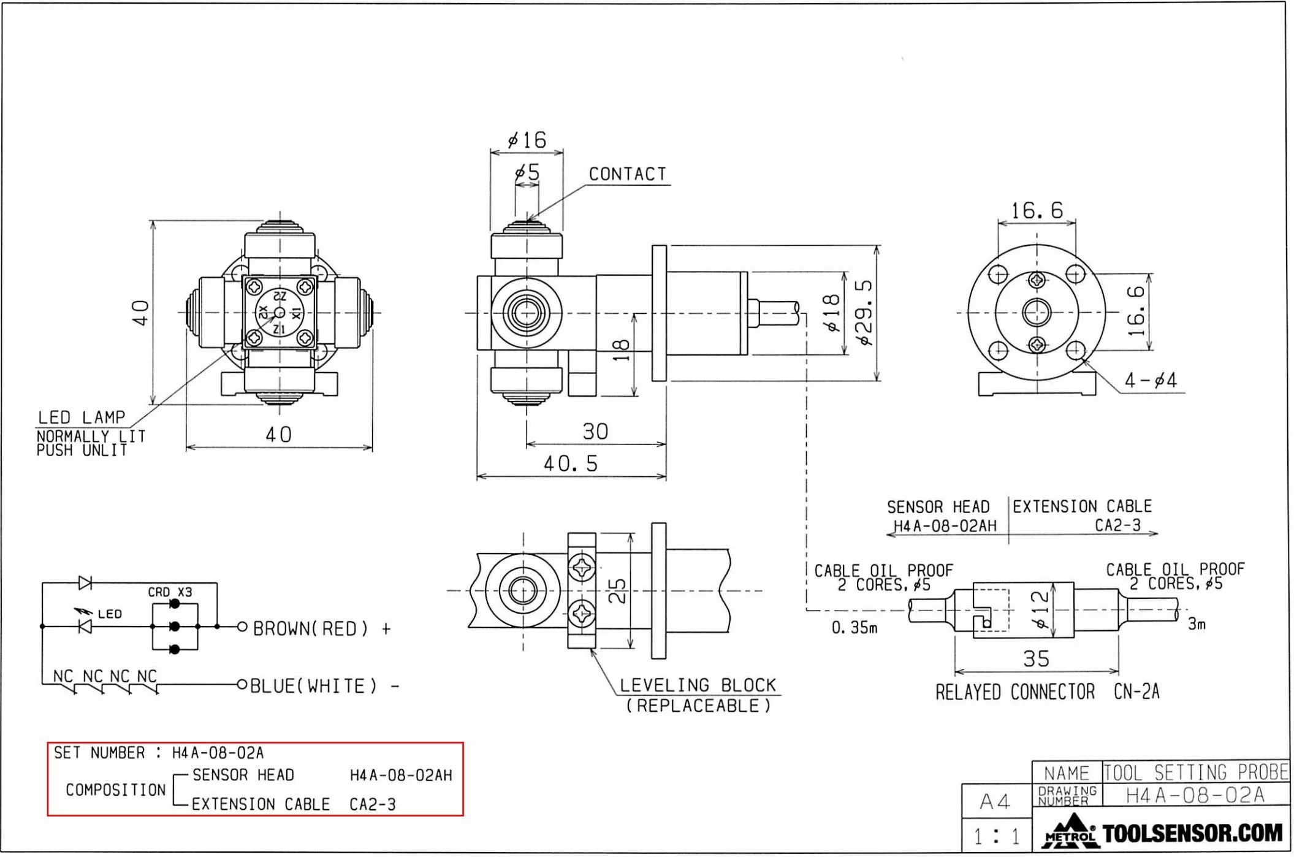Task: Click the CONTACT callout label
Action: pos(627,174)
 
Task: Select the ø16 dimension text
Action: pos(527,140)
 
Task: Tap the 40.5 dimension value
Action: pos(571,463)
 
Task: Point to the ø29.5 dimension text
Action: pos(864,313)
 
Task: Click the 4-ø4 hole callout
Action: pos(1150,381)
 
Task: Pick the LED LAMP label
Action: pos(82,417)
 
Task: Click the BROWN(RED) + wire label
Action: pos(321,628)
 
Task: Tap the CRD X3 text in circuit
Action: pos(170,592)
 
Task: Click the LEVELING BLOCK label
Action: pos(698,685)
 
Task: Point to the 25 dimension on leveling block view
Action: pos(617,591)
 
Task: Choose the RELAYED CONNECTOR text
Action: pos(1014,692)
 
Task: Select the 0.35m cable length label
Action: pos(854,628)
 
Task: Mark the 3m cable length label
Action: pos(1197,624)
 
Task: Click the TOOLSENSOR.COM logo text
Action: pos(1192,833)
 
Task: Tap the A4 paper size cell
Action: pos(995,801)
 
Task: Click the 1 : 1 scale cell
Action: pos(996,836)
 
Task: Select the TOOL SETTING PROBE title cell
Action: pos(1195,772)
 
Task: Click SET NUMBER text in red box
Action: pos(99,753)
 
